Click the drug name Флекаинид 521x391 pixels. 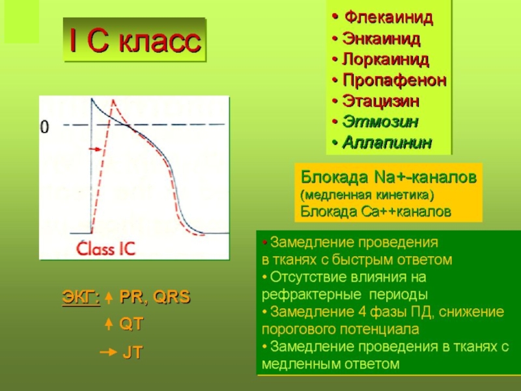[388, 18]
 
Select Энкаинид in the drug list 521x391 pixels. [382, 39]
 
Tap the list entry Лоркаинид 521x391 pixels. [386, 59]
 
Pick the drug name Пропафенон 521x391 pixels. [394, 80]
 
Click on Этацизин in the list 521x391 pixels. [380, 101]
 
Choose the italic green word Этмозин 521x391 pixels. [380, 122]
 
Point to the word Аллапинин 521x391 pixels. [387, 143]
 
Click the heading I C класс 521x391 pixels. [135, 41]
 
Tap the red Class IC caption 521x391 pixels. [106, 248]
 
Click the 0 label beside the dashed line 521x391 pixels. [44, 127]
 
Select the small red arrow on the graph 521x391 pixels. [95, 149]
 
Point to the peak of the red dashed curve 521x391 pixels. [113, 100]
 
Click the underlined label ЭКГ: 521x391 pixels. [81, 297]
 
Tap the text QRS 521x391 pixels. [171, 297]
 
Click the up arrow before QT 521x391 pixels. [108, 324]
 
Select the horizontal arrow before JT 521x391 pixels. [108, 352]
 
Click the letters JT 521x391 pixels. [133, 353]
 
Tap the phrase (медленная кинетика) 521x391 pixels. [367, 195]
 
